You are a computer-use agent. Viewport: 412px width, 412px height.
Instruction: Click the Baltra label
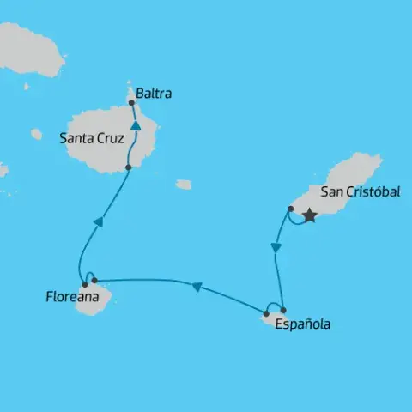point(154,94)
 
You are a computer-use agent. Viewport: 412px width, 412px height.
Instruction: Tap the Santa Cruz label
point(91,136)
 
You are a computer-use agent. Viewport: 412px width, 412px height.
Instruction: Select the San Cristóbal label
point(360,192)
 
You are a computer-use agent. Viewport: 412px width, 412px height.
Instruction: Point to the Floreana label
point(70,298)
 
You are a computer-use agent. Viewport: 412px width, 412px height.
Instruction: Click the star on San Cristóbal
point(309,216)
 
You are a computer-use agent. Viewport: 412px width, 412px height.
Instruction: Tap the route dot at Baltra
point(131,103)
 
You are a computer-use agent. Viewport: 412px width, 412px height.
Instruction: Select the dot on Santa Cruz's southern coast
point(127,167)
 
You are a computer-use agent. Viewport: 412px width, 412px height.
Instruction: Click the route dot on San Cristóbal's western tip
point(291,209)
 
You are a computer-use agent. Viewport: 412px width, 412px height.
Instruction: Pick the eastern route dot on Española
point(283,310)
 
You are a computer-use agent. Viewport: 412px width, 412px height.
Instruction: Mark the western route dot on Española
point(266,313)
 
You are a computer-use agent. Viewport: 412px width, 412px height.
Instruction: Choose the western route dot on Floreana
point(84,284)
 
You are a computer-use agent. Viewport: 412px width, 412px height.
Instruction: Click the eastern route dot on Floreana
point(94,280)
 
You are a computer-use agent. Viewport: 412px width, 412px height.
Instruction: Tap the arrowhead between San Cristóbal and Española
point(275,248)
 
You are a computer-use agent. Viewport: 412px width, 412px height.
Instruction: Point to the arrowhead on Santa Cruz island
point(136,126)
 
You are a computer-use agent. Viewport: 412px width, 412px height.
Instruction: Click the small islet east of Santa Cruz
point(184,185)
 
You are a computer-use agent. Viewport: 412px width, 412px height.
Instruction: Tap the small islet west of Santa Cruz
point(36,134)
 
